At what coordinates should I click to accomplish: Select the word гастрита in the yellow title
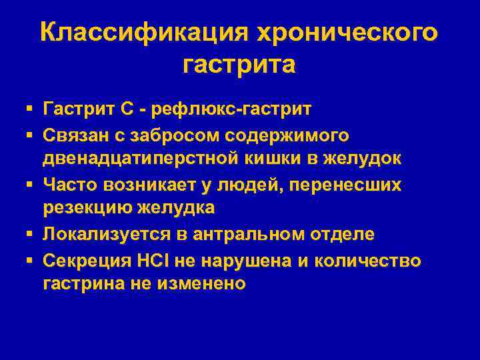click(x=239, y=65)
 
